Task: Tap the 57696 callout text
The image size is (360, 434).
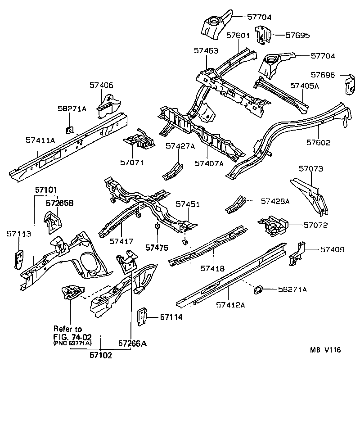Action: click(x=324, y=75)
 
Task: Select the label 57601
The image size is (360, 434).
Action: click(x=238, y=36)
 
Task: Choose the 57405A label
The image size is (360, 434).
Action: click(x=304, y=86)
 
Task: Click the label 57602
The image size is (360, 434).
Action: click(x=318, y=143)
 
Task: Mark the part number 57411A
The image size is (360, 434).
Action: click(x=40, y=141)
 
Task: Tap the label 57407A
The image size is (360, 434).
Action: click(x=209, y=163)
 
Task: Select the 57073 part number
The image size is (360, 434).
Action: click(x=311, y=169)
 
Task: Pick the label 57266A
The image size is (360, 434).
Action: click(x=133, y=344)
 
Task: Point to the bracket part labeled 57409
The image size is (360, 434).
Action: click(x=297, y=253)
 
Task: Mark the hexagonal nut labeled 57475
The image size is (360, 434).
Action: click(x=157, y=226)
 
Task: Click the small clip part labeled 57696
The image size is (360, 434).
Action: click(x=349, y=85)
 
